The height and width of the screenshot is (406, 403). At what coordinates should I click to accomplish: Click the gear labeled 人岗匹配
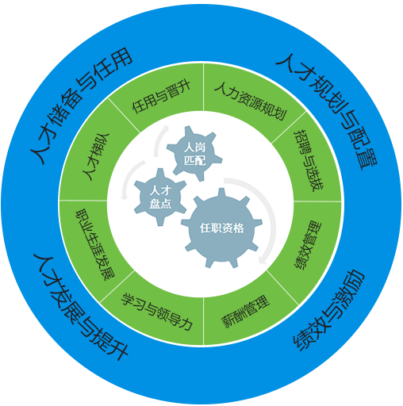(194, 154)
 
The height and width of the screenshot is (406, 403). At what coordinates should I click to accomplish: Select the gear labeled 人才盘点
(160, 197)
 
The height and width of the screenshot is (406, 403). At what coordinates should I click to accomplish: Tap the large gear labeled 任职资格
(221, 228)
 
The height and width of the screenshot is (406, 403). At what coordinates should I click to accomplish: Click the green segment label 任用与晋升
(161, 97)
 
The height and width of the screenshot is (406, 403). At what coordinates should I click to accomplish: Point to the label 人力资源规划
(251, 101)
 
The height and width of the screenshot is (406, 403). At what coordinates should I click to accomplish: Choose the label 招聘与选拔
(309, 160)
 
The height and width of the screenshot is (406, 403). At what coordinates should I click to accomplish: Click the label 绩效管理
(308, 244)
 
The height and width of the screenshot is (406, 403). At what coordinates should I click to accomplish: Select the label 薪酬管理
(245, 312)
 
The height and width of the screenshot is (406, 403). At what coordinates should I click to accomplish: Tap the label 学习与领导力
(156, 312)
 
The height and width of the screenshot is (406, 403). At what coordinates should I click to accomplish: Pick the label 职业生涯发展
(95, 244)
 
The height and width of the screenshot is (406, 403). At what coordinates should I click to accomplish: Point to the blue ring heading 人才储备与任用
(81, 105)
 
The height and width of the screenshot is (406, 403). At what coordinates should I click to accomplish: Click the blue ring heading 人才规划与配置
(327, 111)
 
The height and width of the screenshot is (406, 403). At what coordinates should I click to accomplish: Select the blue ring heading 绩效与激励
(328, 310)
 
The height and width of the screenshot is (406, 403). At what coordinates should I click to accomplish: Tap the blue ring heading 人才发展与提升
(80, 307)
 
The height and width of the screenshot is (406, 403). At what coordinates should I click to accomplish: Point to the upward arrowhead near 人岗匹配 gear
(166, 128)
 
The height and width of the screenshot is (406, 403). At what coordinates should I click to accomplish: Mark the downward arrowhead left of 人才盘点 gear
(124, 197)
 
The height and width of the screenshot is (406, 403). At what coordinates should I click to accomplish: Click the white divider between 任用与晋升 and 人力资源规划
(203, 86)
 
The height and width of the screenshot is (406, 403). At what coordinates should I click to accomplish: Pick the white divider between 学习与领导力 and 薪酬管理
(203, 321)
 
